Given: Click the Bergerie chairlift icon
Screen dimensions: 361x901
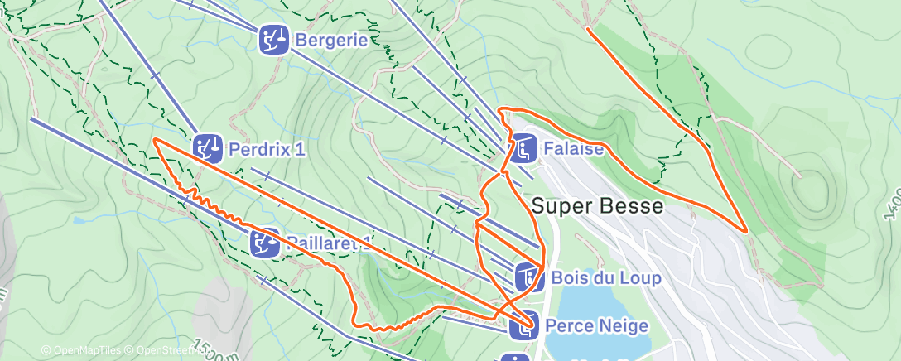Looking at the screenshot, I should click(x=273, y=39).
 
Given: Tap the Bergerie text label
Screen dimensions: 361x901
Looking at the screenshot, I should click(x=331, y=39).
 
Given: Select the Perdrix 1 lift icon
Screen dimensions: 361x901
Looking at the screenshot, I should click(x=208, y=149).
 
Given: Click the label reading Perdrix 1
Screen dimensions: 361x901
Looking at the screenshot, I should click(x=266, y=150).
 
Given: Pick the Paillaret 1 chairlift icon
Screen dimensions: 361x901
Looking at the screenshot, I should click(x=265, y=243).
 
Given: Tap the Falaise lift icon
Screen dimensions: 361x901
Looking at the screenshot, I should click(x=523, y=149).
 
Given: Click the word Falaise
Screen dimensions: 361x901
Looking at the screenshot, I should click(x=573, y=150).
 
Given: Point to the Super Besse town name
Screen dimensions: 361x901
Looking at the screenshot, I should click(x=597, y=206).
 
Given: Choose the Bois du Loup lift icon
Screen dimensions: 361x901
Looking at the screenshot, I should click(x=528, y=277).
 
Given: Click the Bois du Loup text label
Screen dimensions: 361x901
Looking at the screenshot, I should click(x=605, y=278).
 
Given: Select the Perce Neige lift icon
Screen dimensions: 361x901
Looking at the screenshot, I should click(x=525, y=326).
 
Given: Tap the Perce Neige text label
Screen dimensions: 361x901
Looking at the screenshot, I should click(x=596, y=326).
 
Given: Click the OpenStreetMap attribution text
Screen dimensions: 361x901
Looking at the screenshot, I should click(x=169, y=351).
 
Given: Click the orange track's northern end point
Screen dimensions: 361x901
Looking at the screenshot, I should click(x=587, y=29).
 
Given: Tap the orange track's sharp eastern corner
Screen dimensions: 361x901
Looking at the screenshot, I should click(x=746, y=231).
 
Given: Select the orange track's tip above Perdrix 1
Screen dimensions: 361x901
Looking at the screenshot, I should click(x=155, y=139).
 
